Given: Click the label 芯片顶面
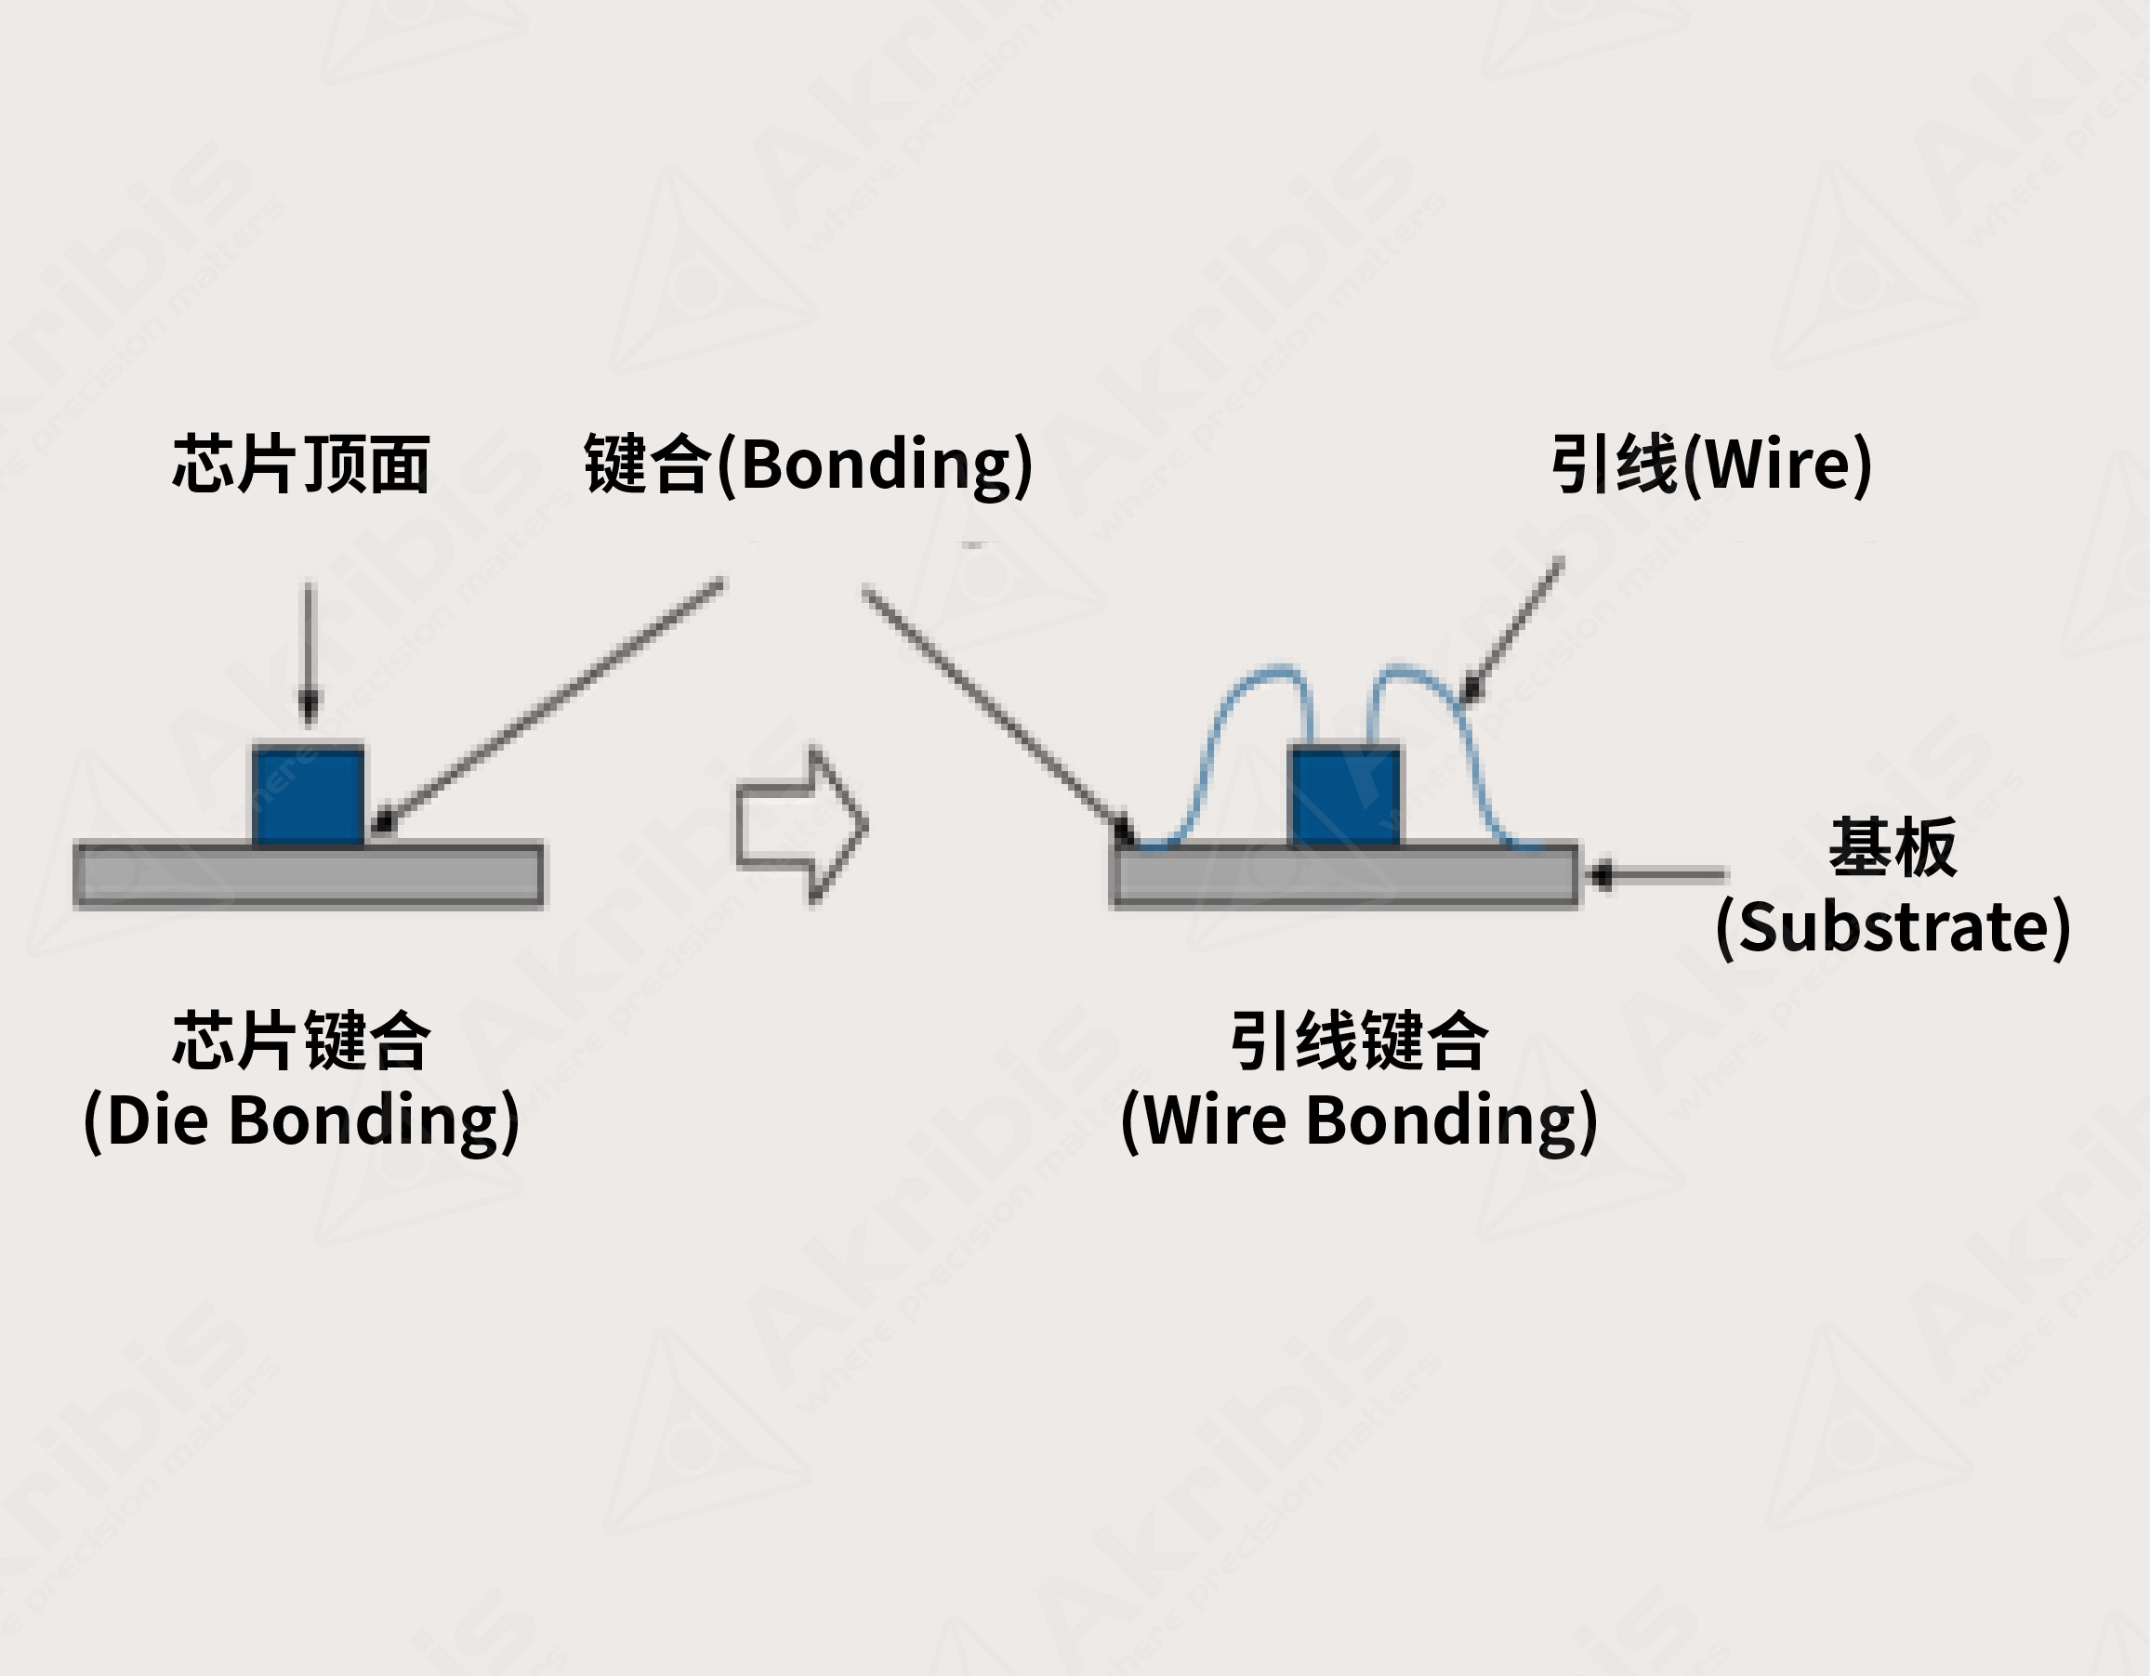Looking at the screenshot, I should point(301,464).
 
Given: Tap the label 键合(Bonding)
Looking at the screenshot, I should point(808,464).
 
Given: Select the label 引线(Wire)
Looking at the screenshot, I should point(1711,464).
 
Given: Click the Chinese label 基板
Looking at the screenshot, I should point(1893,847).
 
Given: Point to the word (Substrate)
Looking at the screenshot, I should point(1893,927).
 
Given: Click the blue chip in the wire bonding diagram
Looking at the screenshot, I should point(1345,795).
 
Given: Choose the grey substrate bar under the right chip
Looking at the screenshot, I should point(1345,875).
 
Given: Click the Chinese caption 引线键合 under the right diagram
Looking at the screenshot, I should point(1359,1041).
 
